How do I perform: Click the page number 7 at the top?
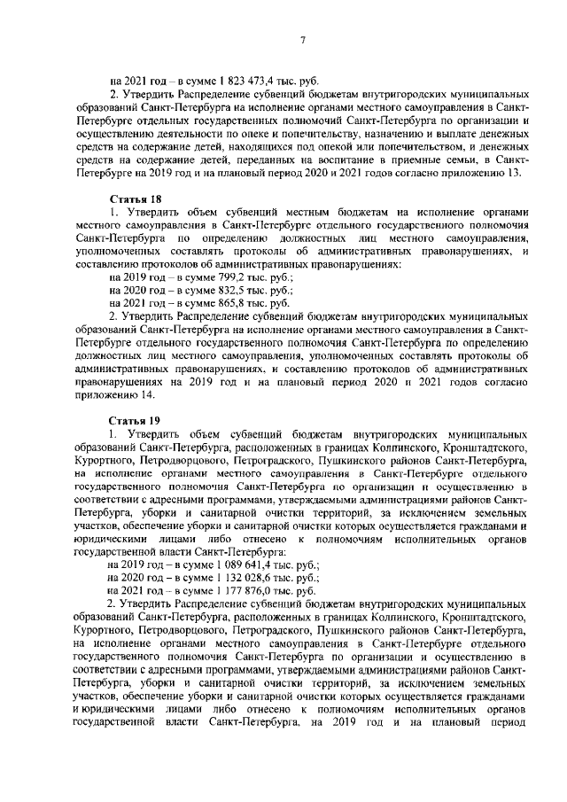[302, 41]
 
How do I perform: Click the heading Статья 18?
[130, 201]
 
